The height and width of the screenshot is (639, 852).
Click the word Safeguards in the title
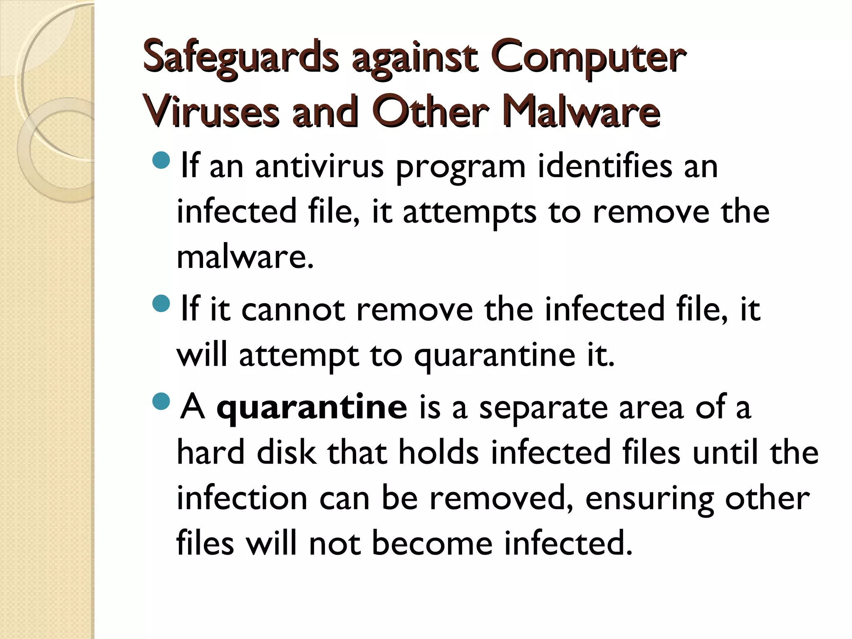pos(240,59)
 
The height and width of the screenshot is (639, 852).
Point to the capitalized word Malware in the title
pos(582,111)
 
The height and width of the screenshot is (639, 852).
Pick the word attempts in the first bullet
pos(470,212)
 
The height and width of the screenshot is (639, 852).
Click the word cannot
pos(293,310)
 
